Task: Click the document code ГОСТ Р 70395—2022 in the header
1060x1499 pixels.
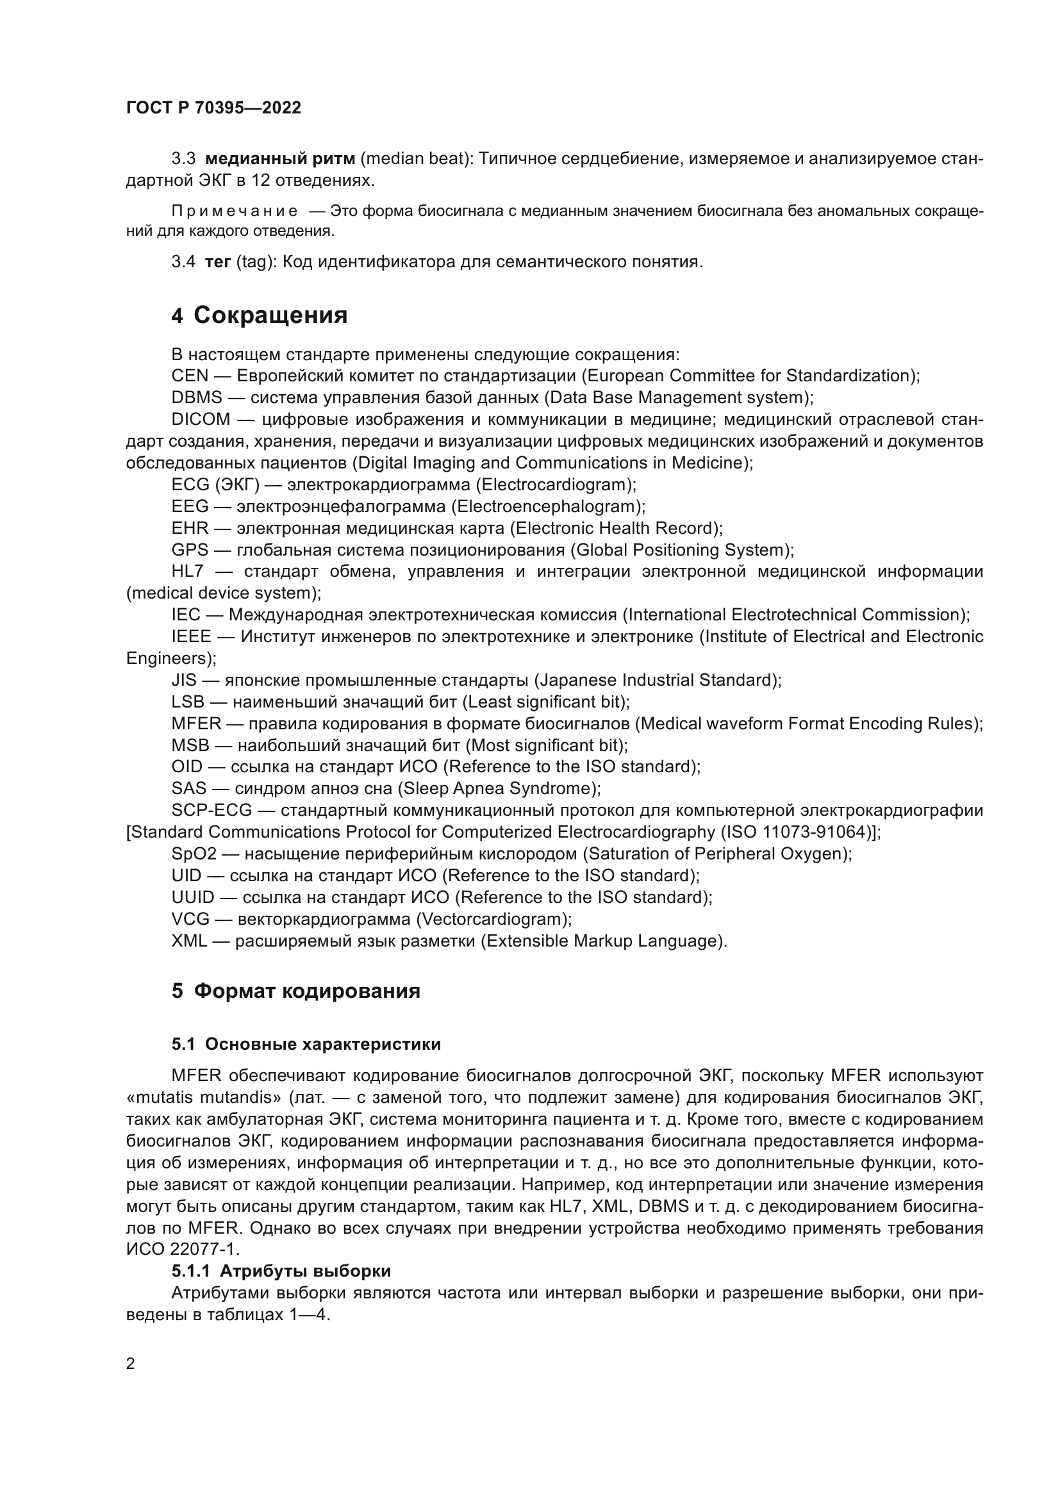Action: [213, 108]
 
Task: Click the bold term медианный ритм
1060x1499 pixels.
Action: [280, 159]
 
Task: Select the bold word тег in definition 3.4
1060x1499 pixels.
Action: [218, 262]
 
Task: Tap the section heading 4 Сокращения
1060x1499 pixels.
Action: [259, 315]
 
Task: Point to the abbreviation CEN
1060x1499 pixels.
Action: [189, 376]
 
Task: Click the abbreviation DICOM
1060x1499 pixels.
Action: [201, 419]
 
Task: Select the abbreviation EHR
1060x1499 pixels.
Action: [190, 528]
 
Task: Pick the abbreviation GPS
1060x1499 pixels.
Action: [189, 550]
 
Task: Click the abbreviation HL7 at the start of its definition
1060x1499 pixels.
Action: [187, 571]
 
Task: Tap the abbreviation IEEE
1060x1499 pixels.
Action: [191, 636]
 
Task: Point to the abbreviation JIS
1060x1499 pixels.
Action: [183, 681]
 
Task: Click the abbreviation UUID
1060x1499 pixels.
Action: [192, 898]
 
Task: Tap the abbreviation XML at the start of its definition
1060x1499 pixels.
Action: [188, 941]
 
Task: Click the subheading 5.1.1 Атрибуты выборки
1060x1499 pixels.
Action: [281, 1271]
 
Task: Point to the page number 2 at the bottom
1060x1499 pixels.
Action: [131, 1364]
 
